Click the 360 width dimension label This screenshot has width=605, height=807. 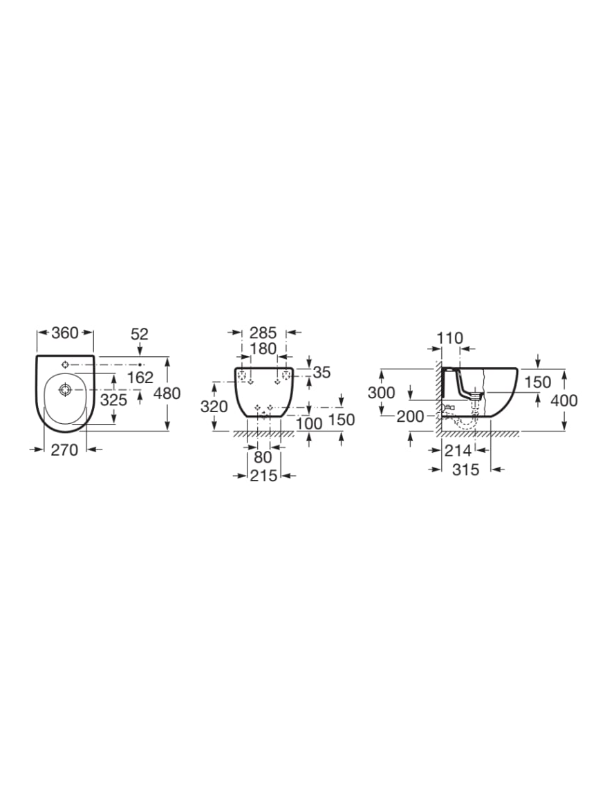65,333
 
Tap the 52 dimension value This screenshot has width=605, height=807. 140,334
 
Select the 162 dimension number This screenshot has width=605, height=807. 140,378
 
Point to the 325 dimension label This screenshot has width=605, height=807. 113,400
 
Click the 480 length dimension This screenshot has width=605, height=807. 167,393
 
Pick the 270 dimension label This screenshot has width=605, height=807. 64,449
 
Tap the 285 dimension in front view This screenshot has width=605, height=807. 263,333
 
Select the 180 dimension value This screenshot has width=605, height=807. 263,349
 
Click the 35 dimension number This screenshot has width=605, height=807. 322,372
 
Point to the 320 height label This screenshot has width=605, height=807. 214,407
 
